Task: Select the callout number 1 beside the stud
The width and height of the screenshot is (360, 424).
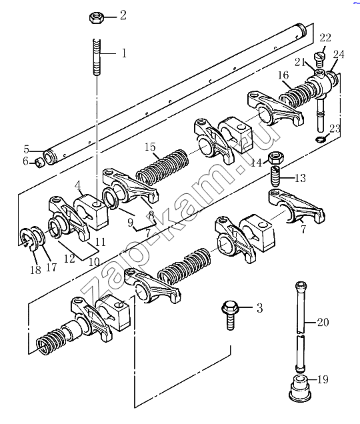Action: point(124,53)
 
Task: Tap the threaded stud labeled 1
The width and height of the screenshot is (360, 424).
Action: point(97,57)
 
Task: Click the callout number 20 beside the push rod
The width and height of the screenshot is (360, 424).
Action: point(323,322)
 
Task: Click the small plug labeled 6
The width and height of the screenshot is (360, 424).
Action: point(39,163)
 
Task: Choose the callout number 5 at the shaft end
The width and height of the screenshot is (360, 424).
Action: point(26,149)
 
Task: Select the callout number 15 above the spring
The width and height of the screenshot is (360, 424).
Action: point(151,147)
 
